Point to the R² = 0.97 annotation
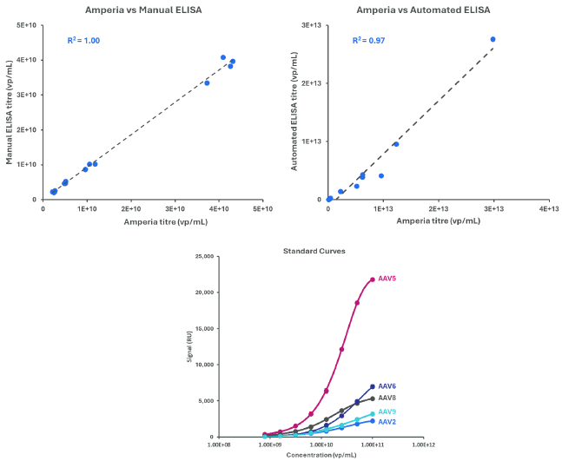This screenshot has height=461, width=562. (368, 41)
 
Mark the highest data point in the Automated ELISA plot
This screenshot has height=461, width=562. (493, 39)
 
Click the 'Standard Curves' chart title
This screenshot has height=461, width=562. (314, 251)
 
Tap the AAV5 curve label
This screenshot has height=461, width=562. (388, 279)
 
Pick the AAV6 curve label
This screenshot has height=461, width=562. (387, 386)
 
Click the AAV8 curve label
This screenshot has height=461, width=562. (387, 398)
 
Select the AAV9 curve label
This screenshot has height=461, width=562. (387, 412)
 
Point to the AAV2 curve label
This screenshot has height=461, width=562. (387, 421)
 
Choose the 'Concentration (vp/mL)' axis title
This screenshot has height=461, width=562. (319, 454)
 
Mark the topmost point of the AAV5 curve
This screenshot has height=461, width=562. (373, 280)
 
